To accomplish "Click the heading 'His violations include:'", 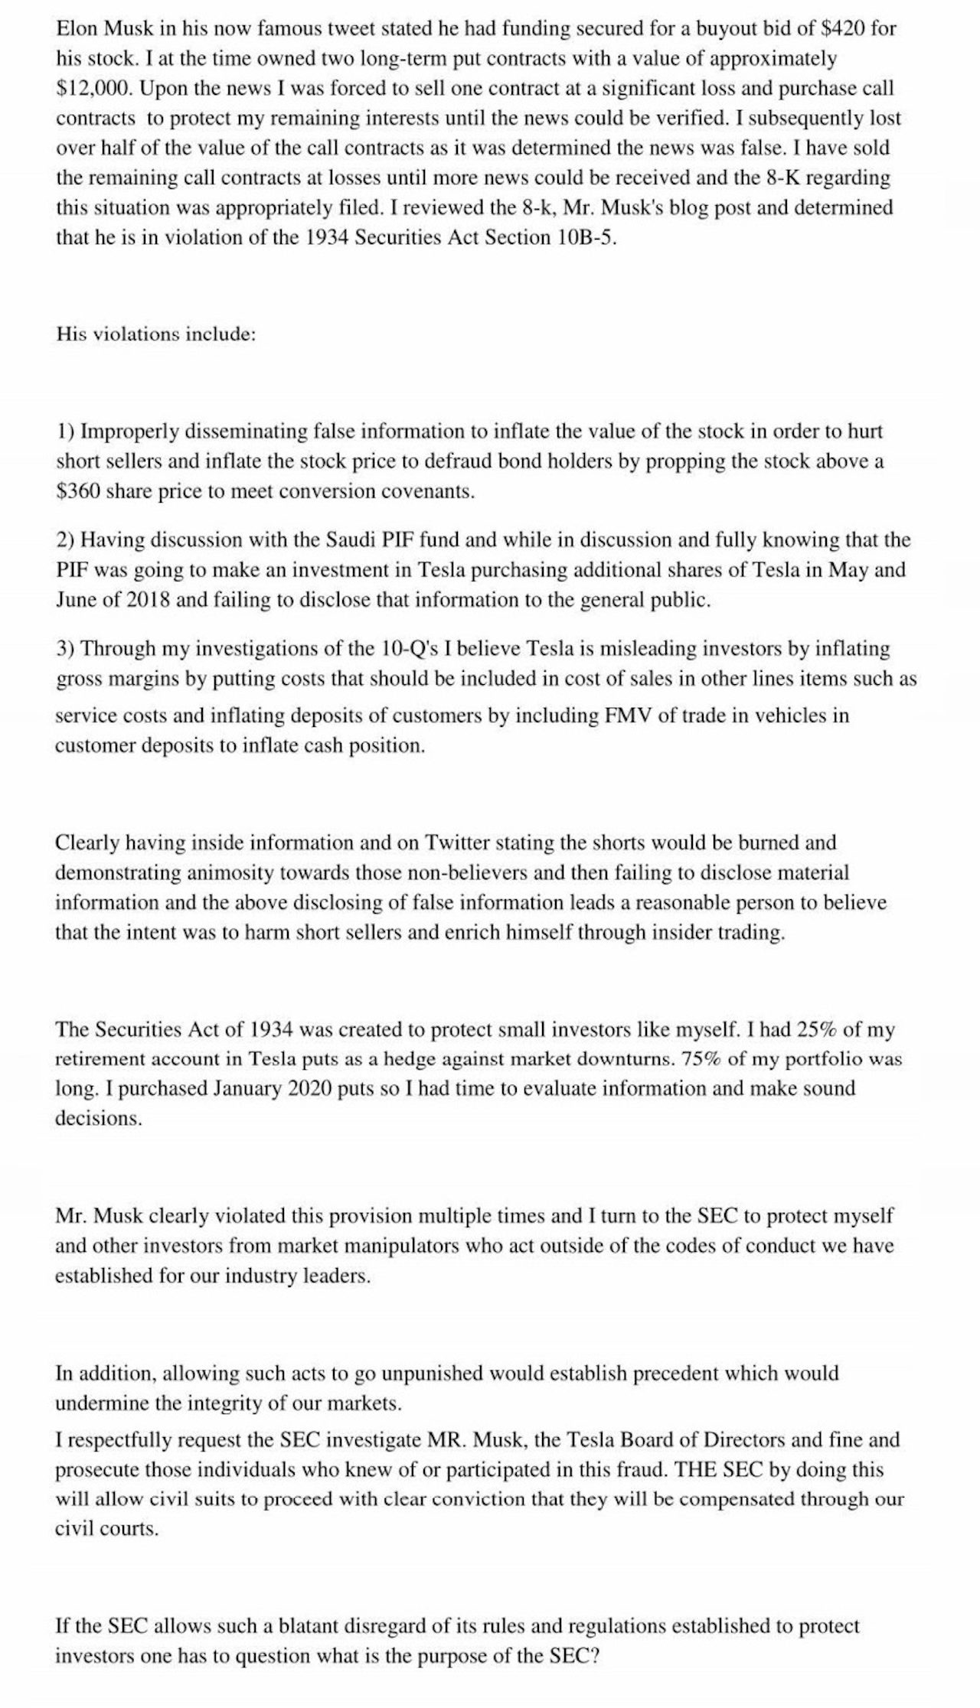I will click(x=155, y=334).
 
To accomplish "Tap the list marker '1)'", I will click(x=65, y=432).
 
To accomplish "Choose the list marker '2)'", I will click(x=65, y=540).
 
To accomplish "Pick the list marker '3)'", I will click(x=65, y=649).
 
